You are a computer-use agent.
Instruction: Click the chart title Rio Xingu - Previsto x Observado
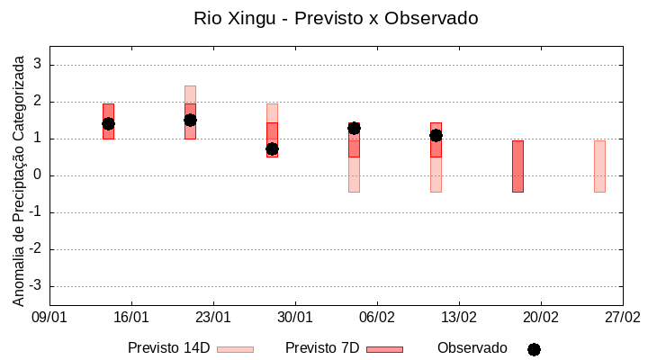(336, 18)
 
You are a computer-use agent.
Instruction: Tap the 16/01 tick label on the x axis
(131, 318)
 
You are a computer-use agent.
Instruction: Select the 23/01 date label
(213, 318)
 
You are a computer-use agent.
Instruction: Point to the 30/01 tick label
(295, 318)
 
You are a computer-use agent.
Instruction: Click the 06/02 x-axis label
(377, 318)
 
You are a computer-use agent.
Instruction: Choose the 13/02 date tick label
(459, 318)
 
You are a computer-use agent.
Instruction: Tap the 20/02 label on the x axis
(541, 318)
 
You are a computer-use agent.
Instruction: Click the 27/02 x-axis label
(623, 318)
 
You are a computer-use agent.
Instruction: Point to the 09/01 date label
(49, 318)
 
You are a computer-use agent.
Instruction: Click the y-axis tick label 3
(39, 65)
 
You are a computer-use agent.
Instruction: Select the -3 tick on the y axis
(36, 286)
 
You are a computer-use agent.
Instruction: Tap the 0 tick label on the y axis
(39, 175)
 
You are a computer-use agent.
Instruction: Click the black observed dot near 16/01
(108, 123)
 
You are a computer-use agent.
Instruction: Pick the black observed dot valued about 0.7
(272, 148)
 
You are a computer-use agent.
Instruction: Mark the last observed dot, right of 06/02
(436, 135)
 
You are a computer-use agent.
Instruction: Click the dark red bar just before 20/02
(517, 166)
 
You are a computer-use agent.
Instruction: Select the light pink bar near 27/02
(599, 166)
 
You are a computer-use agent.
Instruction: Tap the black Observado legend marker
(534, 349)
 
